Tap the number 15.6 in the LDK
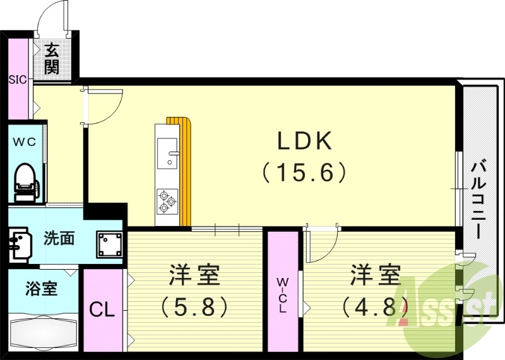306,172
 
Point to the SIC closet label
17,80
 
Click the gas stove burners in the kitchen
167,200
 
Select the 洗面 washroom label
59,239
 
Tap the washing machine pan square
110,243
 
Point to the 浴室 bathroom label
42,289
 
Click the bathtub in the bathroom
43,331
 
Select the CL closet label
101,310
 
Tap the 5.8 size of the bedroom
194,307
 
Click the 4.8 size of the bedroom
375,307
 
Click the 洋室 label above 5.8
194,275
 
